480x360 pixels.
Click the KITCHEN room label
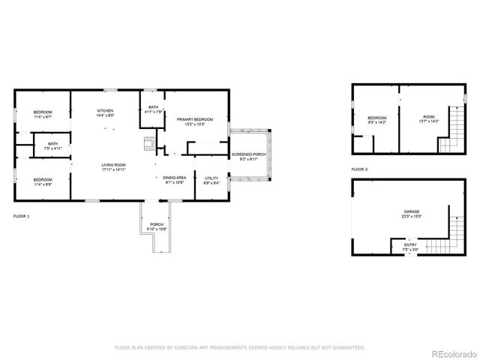(x=105, y=113)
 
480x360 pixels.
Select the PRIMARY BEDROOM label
(x=195, y=121)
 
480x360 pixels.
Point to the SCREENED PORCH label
(x=247, y=156)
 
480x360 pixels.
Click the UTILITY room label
(x=211, y=180)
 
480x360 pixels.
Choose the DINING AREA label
(x=173, y=180)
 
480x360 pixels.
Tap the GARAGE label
(x=412, y=214)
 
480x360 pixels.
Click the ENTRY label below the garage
(x=410, y=247)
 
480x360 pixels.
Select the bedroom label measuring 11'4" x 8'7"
(x=42, y=115)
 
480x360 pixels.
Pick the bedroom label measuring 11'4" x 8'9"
(x=42, y=181)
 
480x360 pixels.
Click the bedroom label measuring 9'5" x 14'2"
(x=376, y=120)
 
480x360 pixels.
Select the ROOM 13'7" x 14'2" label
(x=428, y=118)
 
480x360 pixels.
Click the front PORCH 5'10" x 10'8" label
(x=157, y=226)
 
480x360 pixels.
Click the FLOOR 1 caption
(x=22, y=216)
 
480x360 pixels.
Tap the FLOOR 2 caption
(x=360, y=169)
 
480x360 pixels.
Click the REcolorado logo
(x=450, y=352)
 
